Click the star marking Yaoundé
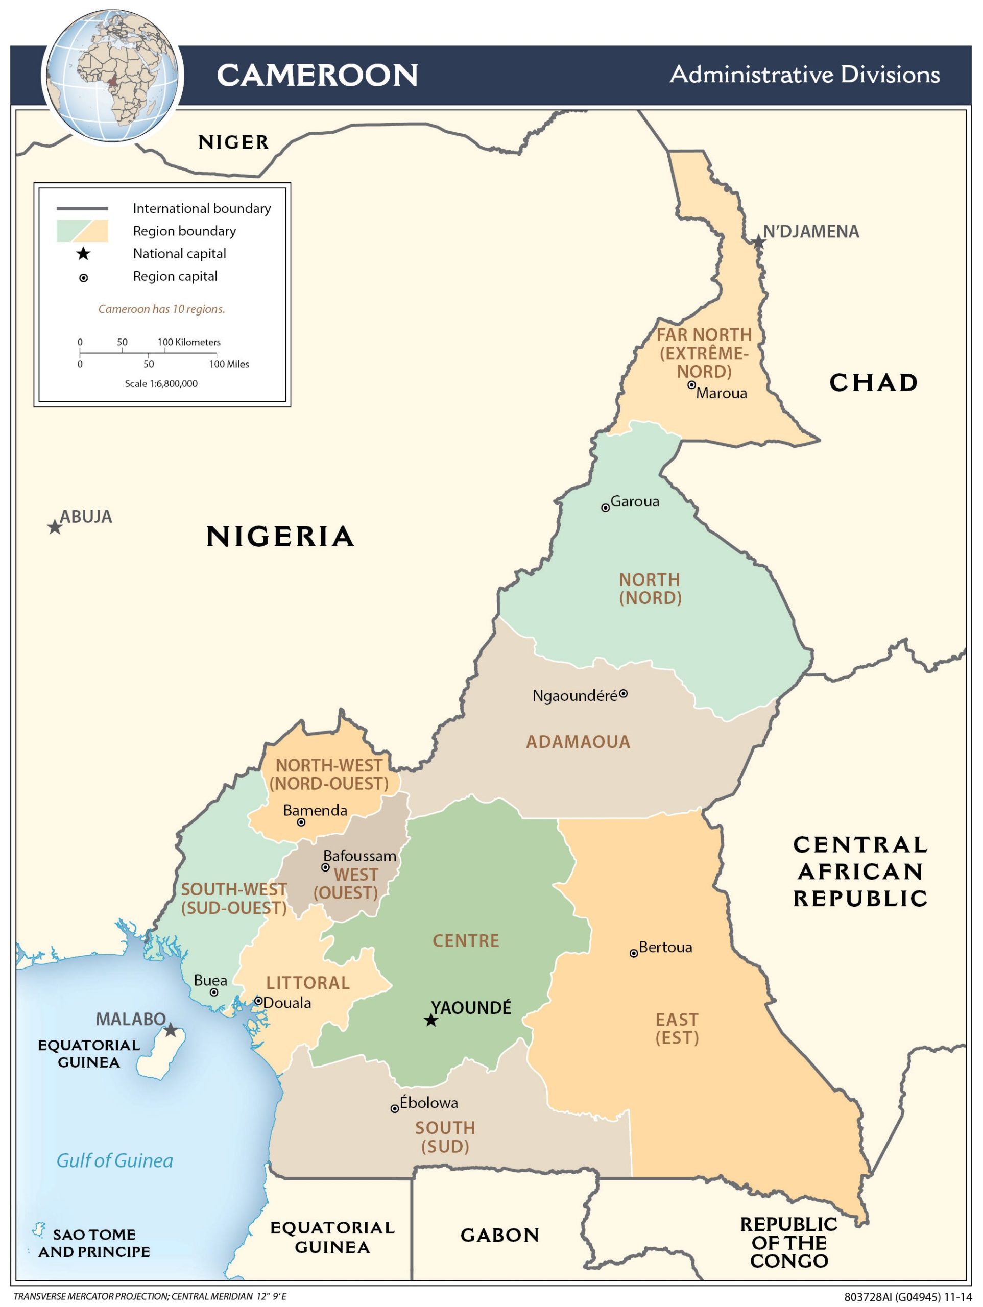coord(431,1021)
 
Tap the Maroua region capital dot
coord(691,384)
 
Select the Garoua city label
coord(635,502)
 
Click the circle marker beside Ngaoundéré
coord(623,694)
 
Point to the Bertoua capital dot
coord(634,953)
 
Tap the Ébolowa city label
coord(428,1103)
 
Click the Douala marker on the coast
coord(258,1001)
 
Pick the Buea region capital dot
coord(214,992)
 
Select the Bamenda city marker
coord(301,822)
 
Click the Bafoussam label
coord(359,856)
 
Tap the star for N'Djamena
coord(758,241)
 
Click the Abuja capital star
coord(54,527)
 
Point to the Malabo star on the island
coord(170,1030)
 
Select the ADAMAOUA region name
coord(578,742)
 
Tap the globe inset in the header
coord(112,76)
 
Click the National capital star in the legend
coord(83,254)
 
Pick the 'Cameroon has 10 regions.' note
coord(161,309)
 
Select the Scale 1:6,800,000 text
coord(161,383)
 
